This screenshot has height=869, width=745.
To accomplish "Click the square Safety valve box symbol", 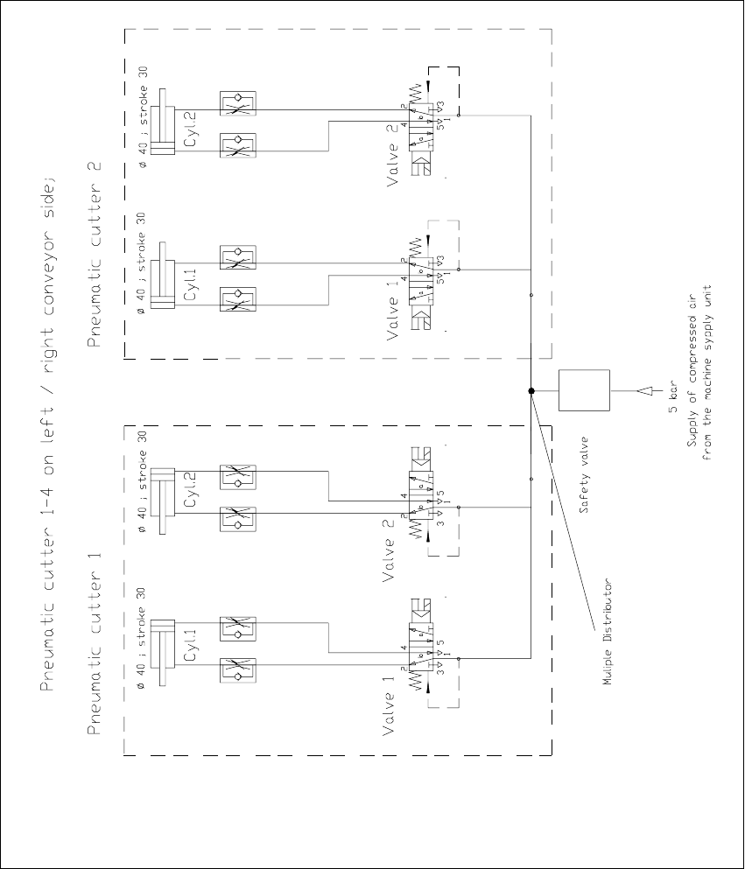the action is tap(584, 390).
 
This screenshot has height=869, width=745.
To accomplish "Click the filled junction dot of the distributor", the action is tap(531, 390).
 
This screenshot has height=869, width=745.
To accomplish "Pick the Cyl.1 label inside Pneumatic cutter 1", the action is tap(191, 645).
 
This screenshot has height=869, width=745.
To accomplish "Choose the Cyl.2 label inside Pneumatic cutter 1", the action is tap(191, 493).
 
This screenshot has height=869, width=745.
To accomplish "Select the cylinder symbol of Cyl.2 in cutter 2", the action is tap(162, 130).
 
